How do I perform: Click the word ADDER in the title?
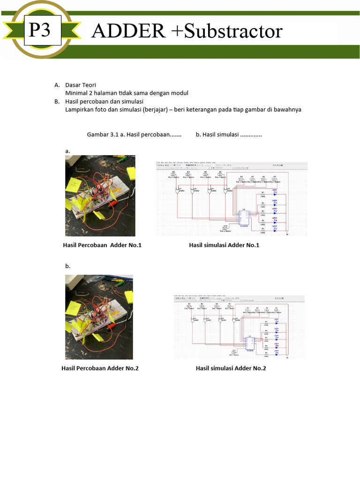[x=128, y=31]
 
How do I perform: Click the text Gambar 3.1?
[x=104, y=135]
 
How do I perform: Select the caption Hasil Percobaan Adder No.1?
[x=102, y=245]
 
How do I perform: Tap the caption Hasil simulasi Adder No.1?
[x=224, y=245]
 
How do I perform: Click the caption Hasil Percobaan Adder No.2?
[x=100, y=368]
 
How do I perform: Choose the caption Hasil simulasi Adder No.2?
[x=231, y=368]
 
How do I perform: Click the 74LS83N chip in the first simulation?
[x=243, y=217]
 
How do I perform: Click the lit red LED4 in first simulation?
[x=275, y=220]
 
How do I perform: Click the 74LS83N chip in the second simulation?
[x=250, y=343]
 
